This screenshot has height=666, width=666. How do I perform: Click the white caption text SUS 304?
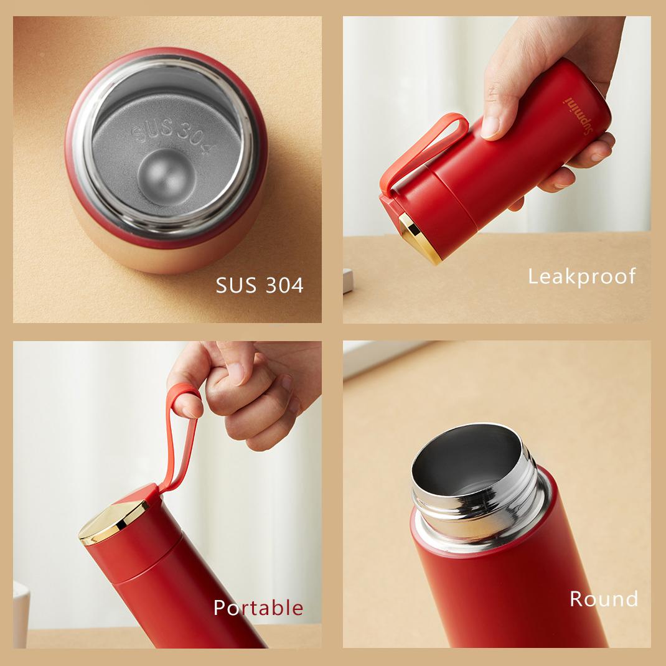260,284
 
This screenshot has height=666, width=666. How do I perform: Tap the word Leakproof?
582,276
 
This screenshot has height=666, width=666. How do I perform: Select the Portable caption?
258,607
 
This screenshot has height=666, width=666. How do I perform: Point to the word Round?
604,599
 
